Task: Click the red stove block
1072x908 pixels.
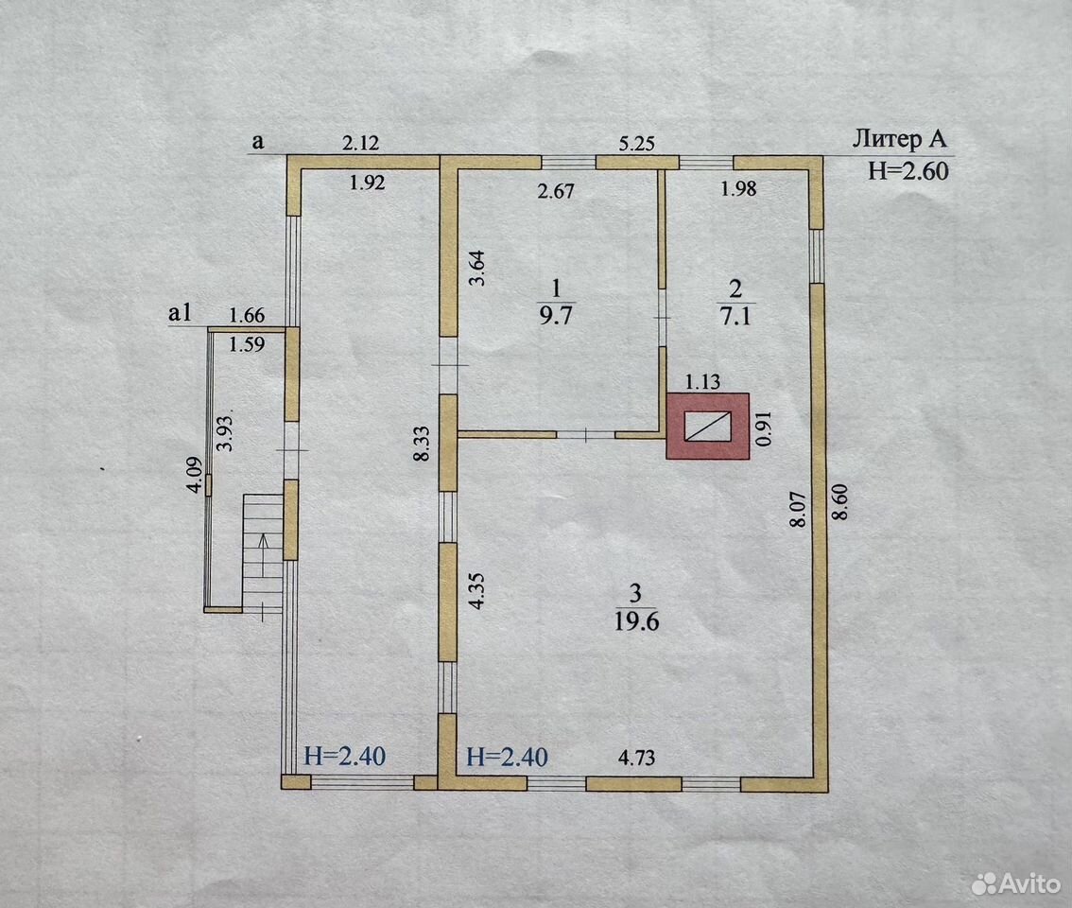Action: point(708,426)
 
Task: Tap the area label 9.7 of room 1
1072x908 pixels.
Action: point(556,316)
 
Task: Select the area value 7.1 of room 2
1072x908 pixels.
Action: point(735,316)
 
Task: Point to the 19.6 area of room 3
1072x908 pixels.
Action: point(636,622)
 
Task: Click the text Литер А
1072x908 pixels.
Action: point(899,139)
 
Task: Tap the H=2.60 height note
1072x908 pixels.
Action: point(908,170)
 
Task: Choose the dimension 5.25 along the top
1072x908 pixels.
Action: point(636,143)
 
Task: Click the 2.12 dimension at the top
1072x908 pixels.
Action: point(360,142)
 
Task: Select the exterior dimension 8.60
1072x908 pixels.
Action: point(840,501)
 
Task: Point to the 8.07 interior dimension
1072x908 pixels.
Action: point(798,510)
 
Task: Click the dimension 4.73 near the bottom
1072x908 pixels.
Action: point(636,758)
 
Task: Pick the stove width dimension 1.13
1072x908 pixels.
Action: point(702,381)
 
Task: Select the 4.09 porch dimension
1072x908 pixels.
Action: point(195,474)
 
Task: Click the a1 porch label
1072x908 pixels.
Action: point(180,313)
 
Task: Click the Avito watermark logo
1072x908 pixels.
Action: point(1015,884)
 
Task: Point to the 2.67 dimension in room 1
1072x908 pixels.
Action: point(556,191)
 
